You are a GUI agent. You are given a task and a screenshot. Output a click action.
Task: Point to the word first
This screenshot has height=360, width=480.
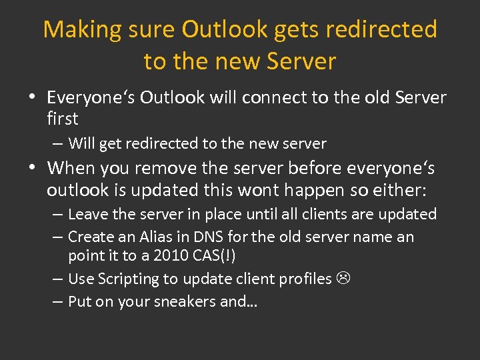point(62,119)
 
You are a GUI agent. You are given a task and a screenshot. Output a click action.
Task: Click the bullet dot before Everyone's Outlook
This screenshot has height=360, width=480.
point(32,97)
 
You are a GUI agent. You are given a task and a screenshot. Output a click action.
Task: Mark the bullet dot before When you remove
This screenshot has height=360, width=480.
point(32,167)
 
